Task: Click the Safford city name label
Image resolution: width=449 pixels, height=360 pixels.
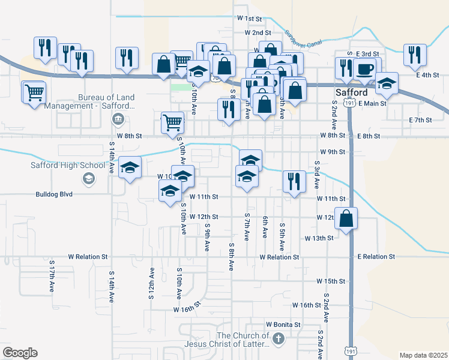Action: click(351, 94)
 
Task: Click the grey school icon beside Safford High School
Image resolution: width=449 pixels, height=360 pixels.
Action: click(88, 178)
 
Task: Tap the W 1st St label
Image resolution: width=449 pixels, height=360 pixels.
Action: click(250, 19)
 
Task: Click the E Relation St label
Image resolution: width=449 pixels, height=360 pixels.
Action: click(376, 257)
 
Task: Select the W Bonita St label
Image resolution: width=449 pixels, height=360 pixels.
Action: click(283, 325)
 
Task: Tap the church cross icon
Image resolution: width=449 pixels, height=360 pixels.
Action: click(277, 340)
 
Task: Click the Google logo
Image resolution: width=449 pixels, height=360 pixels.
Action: click(20, 353)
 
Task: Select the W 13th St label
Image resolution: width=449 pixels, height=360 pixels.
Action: click(336, 239)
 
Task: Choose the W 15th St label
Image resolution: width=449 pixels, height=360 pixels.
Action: click(331, 281)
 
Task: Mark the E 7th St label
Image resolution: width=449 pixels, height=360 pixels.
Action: click(420, 121)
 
